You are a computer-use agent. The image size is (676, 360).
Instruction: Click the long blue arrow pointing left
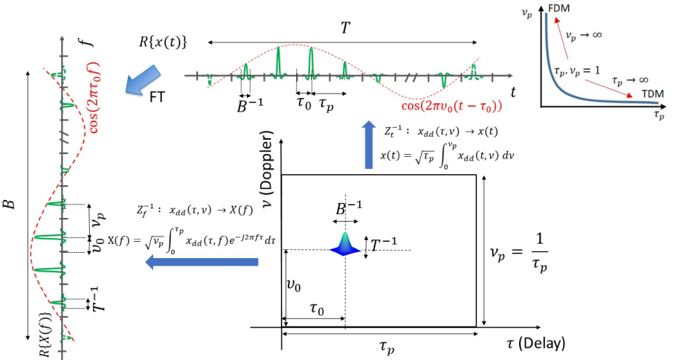tap(202, 262)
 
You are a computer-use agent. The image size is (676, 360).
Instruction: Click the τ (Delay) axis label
tap(531, 344)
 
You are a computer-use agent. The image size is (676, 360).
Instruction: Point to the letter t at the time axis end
tap(514, 91)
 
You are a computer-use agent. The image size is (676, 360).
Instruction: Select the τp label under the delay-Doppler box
tap(381, 347)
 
